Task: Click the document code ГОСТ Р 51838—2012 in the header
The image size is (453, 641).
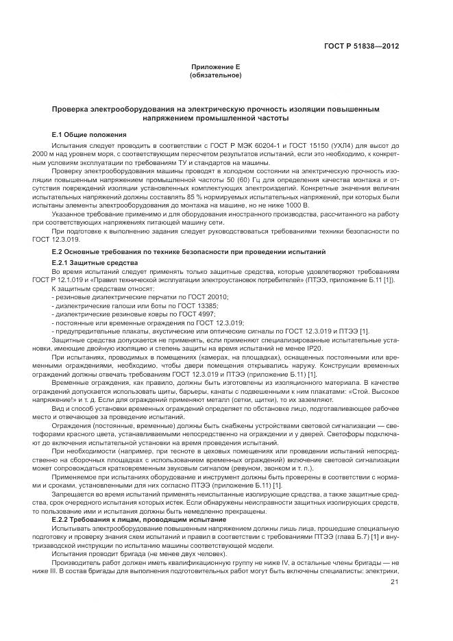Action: [x=361, y=47]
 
